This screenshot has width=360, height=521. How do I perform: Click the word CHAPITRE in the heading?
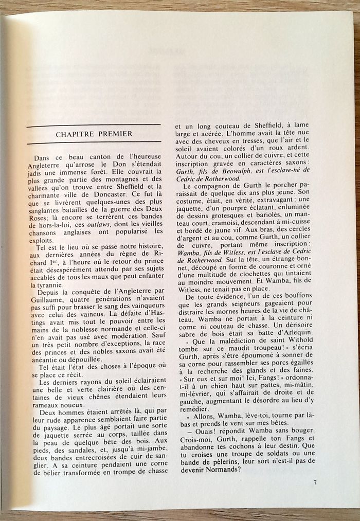[x=73, y=134]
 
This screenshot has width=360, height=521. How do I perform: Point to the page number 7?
[x=315, y=482]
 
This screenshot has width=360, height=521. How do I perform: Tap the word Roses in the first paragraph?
[x=40, y=217]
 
